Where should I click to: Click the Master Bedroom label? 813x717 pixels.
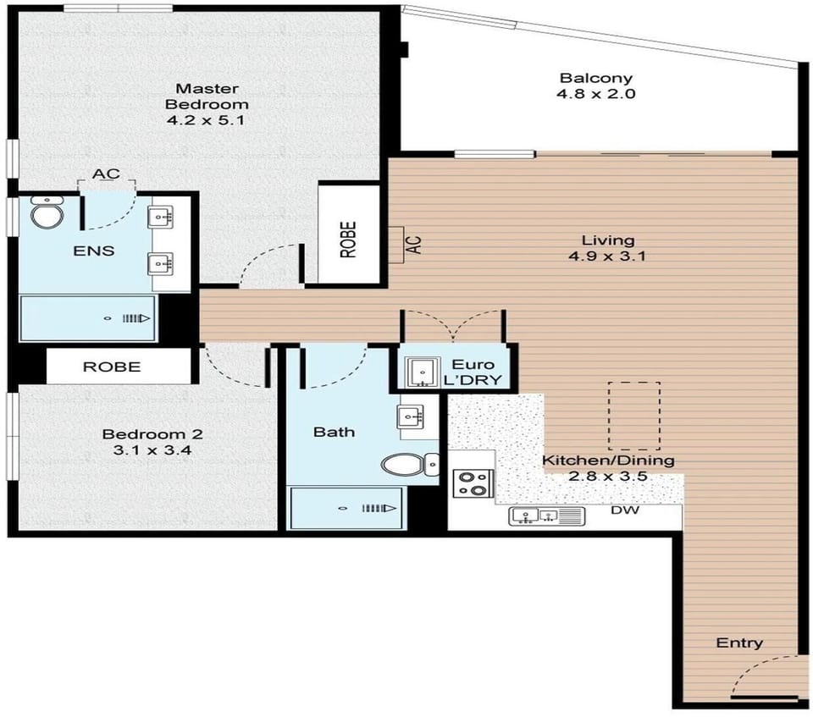click(207, 97)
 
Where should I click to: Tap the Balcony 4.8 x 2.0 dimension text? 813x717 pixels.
click(596, 94)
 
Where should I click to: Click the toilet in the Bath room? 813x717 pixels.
click(410, 465)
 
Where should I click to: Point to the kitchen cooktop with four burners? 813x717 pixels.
click(473, 483)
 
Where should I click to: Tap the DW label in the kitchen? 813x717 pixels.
click(625, 510)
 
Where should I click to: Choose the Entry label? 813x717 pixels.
click(739, 643)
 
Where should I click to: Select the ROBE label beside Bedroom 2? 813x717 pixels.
click(112, 367)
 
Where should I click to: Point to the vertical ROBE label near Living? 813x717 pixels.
click(348, 240)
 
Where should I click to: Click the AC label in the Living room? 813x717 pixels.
click(415, 244)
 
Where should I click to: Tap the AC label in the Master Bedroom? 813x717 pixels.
click(107, 174)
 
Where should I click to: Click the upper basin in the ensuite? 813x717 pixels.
click(161, 217)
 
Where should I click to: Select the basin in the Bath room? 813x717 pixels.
click(411, 416)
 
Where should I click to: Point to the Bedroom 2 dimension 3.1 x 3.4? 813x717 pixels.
click(152, 450)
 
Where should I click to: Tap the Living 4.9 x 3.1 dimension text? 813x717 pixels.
click(607, 256)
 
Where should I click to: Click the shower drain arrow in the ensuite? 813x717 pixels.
click(136, 318)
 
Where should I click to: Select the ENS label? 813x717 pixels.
click(94, 251)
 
